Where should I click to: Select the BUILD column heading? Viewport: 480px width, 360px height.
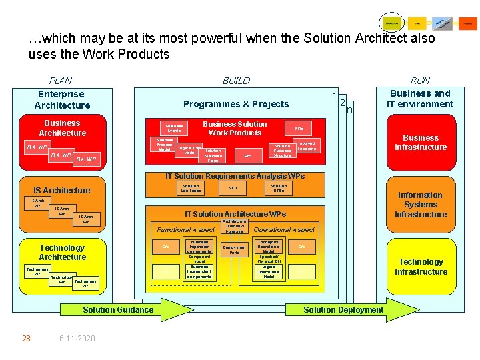[236, 81]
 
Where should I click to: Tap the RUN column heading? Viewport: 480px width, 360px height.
[420, 81]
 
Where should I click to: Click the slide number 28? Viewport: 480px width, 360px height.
[26, 339]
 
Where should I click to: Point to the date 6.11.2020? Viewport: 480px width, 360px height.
[77, 339]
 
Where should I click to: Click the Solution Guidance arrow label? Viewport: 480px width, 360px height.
[117, 309]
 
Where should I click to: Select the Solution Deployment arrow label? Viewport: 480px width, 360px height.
[343, 309]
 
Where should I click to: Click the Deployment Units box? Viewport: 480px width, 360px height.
[235, 250]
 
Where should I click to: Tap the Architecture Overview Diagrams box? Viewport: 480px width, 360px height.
[235, 226]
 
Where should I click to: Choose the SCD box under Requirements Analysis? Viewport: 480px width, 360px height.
[233, 188]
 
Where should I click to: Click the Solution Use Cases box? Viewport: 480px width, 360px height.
[191, 189]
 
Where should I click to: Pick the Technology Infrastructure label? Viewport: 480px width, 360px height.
[421, 267]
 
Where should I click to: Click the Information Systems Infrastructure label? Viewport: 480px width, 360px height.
[420, 205]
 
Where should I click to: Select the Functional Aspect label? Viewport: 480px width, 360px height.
[186, 230]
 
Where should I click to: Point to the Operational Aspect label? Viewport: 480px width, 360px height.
[285, 230]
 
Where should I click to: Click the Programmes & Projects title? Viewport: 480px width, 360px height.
[236, 104]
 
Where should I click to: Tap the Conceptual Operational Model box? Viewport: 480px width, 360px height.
[269, 247]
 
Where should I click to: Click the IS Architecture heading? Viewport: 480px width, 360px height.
[62, 191]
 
